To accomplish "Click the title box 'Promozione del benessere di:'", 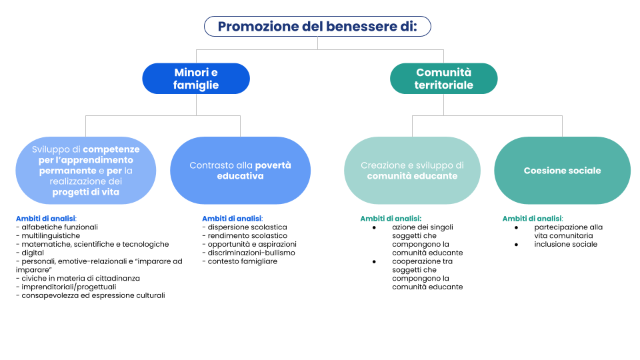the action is point(317,27).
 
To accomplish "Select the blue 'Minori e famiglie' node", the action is point(196,79).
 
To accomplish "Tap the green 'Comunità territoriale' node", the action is point(444,79).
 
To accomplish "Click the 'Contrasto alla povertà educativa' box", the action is point(241,171).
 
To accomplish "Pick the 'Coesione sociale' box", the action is point(563,171).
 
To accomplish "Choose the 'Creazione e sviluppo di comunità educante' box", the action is point(412,171).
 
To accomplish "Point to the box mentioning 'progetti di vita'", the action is point(86,171).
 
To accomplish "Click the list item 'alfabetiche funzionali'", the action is point(57,227).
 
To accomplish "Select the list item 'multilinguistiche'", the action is point(48,236).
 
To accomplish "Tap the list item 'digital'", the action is point(30,253).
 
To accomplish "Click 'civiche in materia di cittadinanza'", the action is point(78,279).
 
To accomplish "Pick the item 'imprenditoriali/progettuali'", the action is point(66,287).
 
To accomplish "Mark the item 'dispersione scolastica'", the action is point(245,227).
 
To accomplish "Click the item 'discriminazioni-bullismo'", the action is point(249,253).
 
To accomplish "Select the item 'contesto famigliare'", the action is point(240,261).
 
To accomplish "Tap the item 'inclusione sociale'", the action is point(566,245).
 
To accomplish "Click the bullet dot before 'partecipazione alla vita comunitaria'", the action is point(516,228).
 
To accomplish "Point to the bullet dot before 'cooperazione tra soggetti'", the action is point(374,261).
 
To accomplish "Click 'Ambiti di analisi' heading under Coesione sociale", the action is point(532,219).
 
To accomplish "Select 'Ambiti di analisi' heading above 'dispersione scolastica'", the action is point(232,219).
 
